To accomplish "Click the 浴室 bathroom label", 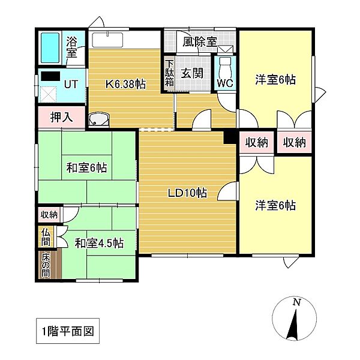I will click(72, 47).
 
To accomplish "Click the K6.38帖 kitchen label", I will click(126, 83).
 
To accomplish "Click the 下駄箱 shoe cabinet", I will click(170, 73).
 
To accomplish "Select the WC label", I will click(224, 83).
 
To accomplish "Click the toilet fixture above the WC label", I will click(224, 65).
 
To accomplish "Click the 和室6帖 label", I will click(86, 169).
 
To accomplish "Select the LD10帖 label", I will click(187, 193).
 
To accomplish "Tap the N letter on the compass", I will click(296, 303).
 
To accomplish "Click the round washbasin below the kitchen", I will click(98, 120).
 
